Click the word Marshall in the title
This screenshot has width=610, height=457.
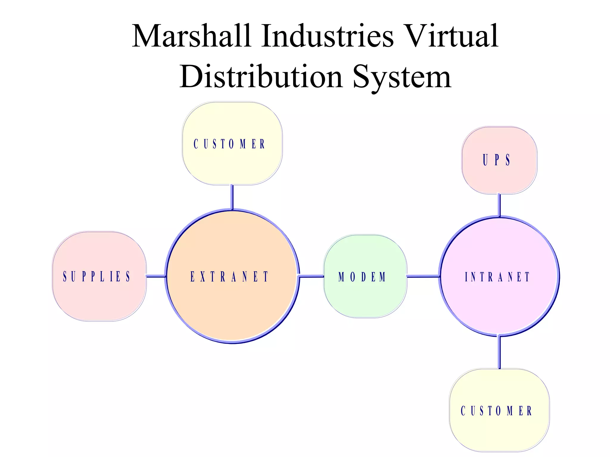click(191, 36)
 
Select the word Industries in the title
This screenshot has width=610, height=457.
click(327, 36)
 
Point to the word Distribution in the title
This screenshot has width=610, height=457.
click(261, 77)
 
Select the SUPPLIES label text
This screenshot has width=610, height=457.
click(97, 276)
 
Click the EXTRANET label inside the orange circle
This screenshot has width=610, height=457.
click(229, 276)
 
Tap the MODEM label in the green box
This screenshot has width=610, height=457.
click(362, 277)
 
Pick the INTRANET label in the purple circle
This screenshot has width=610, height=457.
click(497, 277)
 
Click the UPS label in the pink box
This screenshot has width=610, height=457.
click(497, 160)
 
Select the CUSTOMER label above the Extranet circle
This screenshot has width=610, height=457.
click(229, 144)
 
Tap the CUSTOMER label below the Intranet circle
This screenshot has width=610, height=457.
click(497, 411)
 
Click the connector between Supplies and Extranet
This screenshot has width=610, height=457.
click(156, 276)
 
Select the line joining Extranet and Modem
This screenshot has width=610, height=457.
click(311, 276)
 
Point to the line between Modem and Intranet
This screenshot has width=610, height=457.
click(423, 276)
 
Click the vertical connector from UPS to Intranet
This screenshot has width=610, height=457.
click(499, 205)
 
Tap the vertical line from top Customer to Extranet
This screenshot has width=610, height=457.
click(232, 197)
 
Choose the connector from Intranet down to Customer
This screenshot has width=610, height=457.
click(499, 353)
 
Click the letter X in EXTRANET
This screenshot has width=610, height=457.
click(203, 276)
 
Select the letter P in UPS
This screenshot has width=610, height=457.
click(497, 160)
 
